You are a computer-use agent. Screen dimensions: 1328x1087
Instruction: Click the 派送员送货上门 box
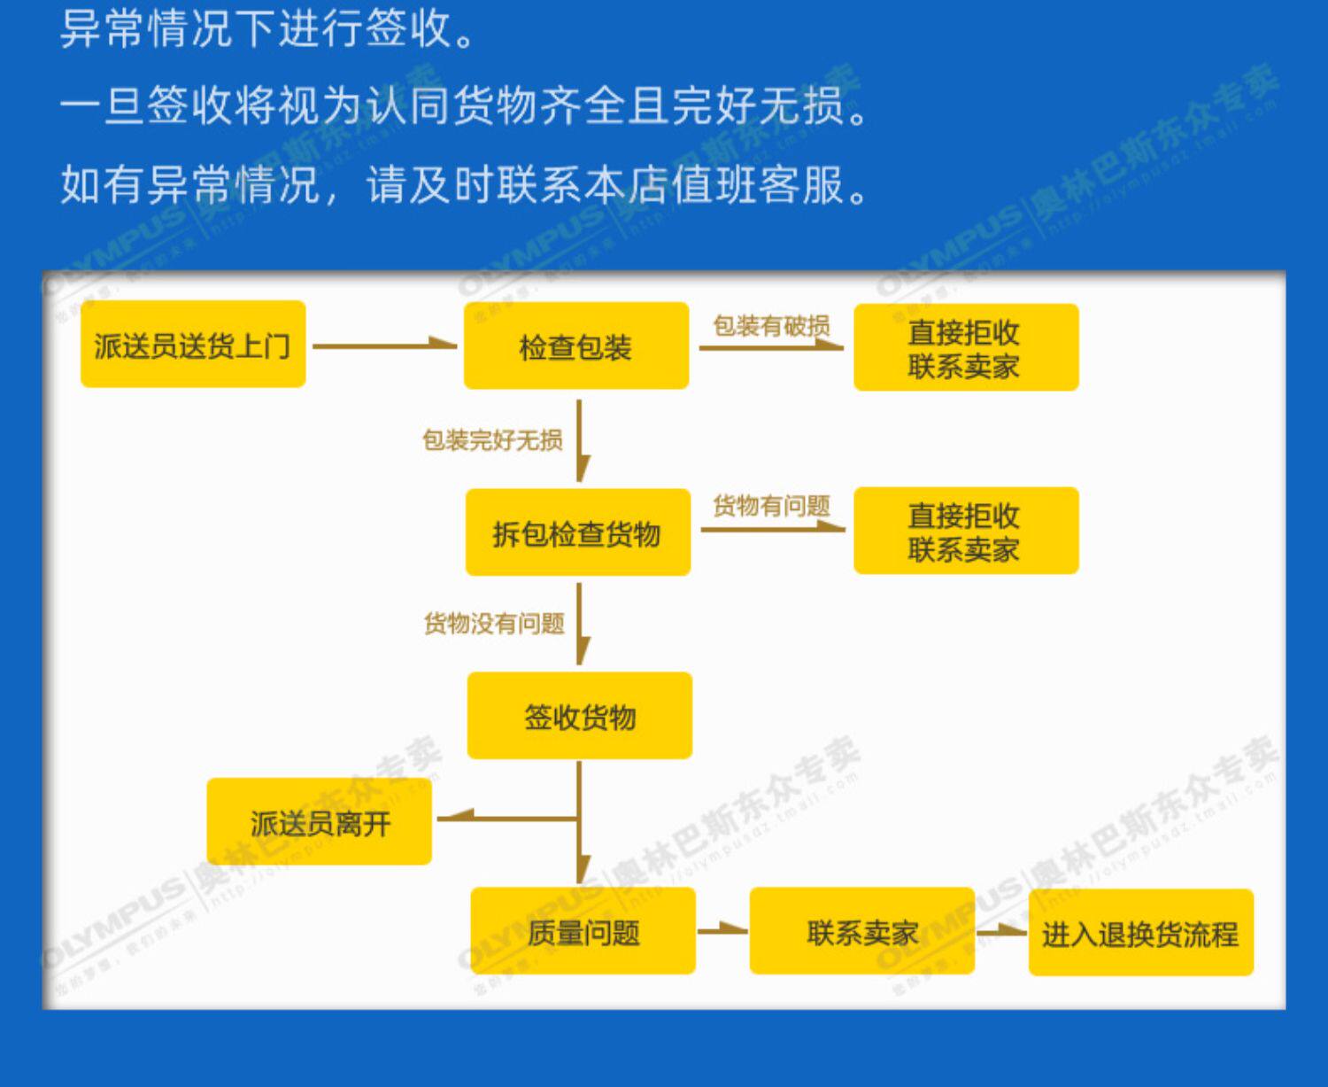coord(193,344)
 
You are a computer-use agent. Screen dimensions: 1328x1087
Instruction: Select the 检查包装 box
coord(576,346)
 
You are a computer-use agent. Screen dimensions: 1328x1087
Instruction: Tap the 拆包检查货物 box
coord(577,532)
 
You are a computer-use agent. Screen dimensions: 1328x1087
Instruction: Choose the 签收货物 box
coord(580,716)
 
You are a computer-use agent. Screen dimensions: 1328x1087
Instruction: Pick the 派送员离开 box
coord(320,822)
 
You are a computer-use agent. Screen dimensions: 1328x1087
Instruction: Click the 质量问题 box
coord(583,931)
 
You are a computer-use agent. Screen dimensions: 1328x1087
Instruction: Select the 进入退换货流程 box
coord(1140,933)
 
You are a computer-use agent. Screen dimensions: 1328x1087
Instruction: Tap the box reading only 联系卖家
coord(861,931)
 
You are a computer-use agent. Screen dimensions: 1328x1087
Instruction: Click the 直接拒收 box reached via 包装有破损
coord(965,347)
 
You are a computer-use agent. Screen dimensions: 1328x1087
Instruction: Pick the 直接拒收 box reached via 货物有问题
coord(965,531)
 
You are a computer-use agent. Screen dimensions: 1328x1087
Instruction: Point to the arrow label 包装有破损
coord(771,326)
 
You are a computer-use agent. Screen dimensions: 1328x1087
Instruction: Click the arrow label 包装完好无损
coord(492,439)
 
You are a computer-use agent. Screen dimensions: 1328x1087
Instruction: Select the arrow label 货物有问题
coord(771,506)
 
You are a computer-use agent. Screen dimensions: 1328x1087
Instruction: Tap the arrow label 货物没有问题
coord(494,624)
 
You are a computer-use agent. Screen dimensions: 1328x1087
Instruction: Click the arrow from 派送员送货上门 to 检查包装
coord(384,345)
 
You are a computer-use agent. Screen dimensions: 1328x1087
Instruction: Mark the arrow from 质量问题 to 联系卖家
coord(722,930)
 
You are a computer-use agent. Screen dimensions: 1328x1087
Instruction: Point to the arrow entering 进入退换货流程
coord(1001,931)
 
